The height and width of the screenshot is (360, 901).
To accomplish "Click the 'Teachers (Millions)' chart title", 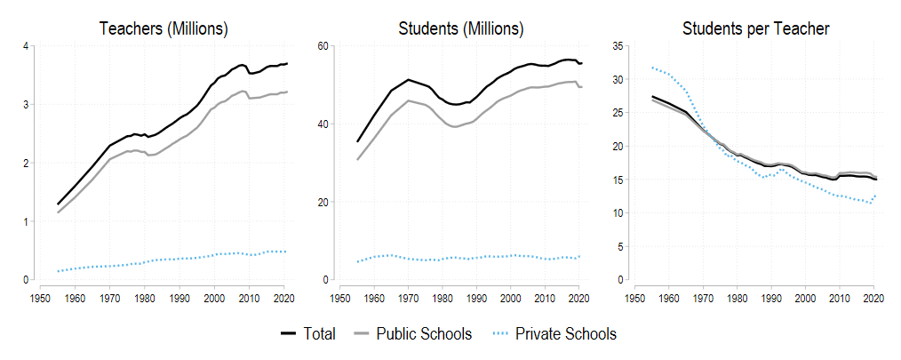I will [x=163, y=28].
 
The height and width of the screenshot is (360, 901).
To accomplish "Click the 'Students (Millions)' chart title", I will [x=461, y=28].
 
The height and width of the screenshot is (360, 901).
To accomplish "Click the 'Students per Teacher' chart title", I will [x=755, y=28].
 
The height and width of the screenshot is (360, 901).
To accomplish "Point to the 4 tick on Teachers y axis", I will [x=26, y=45].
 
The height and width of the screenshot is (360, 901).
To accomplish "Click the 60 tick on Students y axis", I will [x=323, y=45].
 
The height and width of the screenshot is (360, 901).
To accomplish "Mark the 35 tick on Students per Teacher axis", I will [x=616, y=45].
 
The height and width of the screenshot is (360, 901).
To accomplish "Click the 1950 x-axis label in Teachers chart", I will [x=39, y=299].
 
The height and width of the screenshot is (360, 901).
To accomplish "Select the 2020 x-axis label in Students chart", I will [x=579, y=299].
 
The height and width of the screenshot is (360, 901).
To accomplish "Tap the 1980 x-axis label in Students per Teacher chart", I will [x=736, y=299].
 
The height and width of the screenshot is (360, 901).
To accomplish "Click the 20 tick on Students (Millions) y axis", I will [x=323, y=202].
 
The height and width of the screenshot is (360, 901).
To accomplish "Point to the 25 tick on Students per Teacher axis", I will [x=616, y=113].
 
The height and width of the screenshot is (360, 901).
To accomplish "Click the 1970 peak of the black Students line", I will [x=408, y=80].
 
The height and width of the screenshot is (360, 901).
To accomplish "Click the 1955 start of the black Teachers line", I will [x=58, y=204].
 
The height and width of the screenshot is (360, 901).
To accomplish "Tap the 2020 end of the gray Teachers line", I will [x=287, y=92].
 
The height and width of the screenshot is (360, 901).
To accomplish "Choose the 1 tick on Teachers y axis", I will [x=26, y=221].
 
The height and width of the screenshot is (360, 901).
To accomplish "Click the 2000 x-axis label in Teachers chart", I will [x=213, y=299].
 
